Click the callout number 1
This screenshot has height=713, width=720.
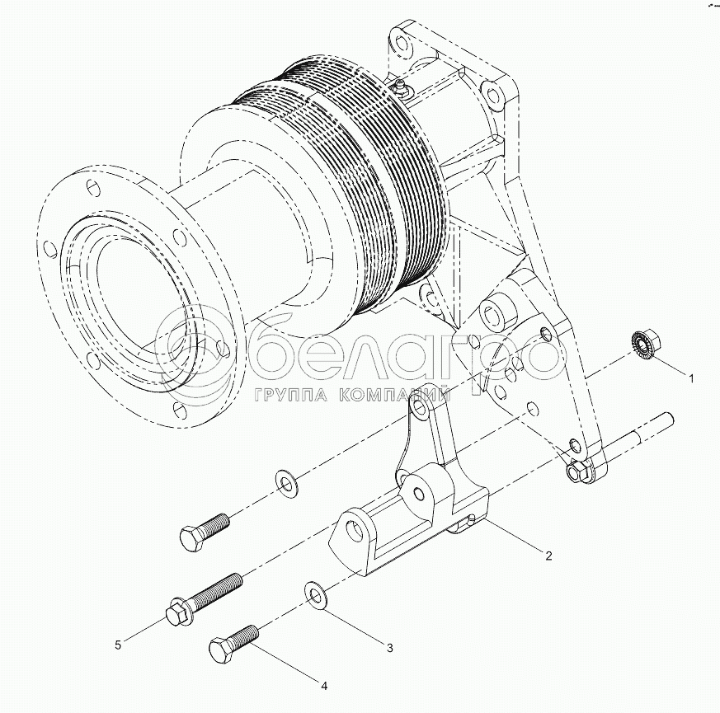pyautogui.click(x=691, y=378)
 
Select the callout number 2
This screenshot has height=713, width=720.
pyautogui.click(x=548, y=555)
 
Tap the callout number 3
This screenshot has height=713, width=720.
pyautogui.click(x=389, y=647)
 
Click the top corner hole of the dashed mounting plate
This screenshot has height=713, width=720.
pyautogui.click(x=402, y=37)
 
